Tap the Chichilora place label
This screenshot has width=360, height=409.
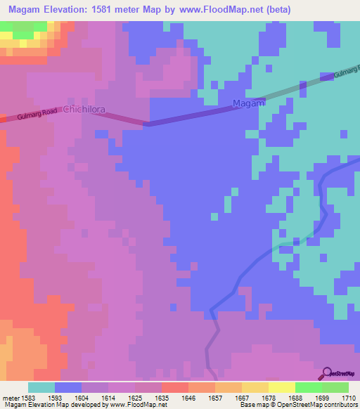point(85,110)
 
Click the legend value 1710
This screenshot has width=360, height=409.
point(347,397)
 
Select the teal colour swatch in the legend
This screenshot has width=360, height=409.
point(41,387)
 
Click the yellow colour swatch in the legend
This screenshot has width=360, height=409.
point(281,387)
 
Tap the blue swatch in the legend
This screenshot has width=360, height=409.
point(68,387)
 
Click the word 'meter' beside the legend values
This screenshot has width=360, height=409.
point(10,397)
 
